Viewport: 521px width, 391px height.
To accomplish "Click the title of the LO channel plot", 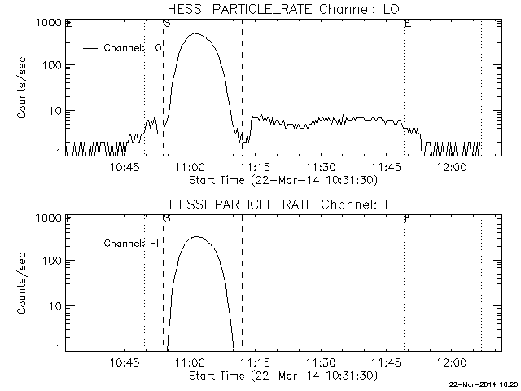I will click(x=282, y=9).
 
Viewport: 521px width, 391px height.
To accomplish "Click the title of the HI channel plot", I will click(x=282, y=204).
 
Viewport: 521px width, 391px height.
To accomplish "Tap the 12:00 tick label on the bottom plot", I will click(x=450, y=361).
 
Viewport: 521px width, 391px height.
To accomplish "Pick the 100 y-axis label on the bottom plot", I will click(x=50, y=261).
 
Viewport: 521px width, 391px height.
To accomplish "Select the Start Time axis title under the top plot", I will click(x=281, y=178).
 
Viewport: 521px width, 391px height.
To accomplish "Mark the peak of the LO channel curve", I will click(x=195, y=33).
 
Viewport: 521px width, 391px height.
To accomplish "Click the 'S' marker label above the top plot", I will click(x=166, y=24).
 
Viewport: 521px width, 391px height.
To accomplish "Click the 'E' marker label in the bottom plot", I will click(x=407, y=219).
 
